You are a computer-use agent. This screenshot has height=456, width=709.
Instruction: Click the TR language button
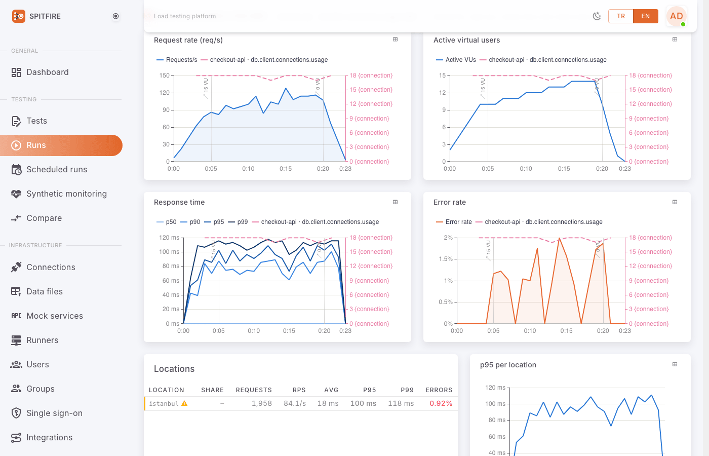pos(621,16)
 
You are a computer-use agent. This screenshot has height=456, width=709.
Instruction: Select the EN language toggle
pos(645,16)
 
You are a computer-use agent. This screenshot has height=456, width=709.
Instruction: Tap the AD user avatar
pos(676,16)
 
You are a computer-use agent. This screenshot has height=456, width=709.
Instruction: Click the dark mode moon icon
pos(597,16)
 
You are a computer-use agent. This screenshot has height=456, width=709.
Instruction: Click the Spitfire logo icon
pos(19,16)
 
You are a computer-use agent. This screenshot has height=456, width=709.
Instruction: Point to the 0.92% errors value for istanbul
pos(441,403)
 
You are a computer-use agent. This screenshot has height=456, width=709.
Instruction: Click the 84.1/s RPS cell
pos(295,403)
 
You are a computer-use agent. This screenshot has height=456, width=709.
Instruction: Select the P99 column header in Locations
pos(407,390)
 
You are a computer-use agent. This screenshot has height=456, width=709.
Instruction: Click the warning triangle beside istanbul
pos(184,403)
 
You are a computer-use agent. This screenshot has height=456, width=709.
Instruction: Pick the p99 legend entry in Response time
pos(238,222)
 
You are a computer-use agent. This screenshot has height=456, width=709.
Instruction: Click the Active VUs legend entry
pos(456,60)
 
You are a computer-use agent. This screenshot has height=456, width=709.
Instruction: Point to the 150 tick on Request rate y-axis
pos(164,75)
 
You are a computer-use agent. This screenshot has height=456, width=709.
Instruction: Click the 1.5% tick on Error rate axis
pos(446,259)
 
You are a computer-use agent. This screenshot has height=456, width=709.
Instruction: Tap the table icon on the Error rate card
pos(675,202)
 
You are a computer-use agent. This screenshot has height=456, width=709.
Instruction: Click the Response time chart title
pos(179,202)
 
